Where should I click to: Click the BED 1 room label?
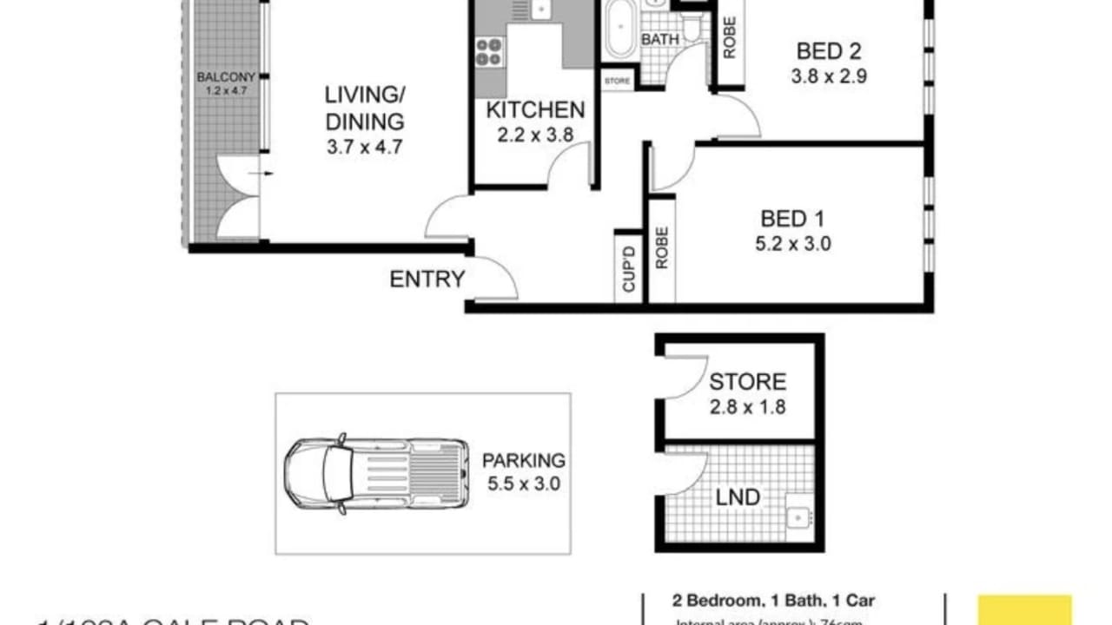coord(792,218)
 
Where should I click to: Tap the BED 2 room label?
coord(829,49)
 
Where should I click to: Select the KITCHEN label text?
coord(535,110)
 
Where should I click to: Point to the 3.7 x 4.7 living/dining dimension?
coord(364,147)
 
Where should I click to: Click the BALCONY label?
coord(226,76)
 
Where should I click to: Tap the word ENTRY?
coord(427,280)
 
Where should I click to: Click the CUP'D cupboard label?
coord(629,270)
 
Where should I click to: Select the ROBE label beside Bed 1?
coord(662,247)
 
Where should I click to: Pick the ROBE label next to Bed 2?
coord(729,37)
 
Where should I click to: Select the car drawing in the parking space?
coord(376,475)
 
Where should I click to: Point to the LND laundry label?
coord(738,497)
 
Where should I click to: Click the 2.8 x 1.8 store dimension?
coord(747,405)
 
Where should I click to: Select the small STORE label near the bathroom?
coord(617,81)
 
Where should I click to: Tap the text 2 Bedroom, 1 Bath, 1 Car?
coord(772,600)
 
